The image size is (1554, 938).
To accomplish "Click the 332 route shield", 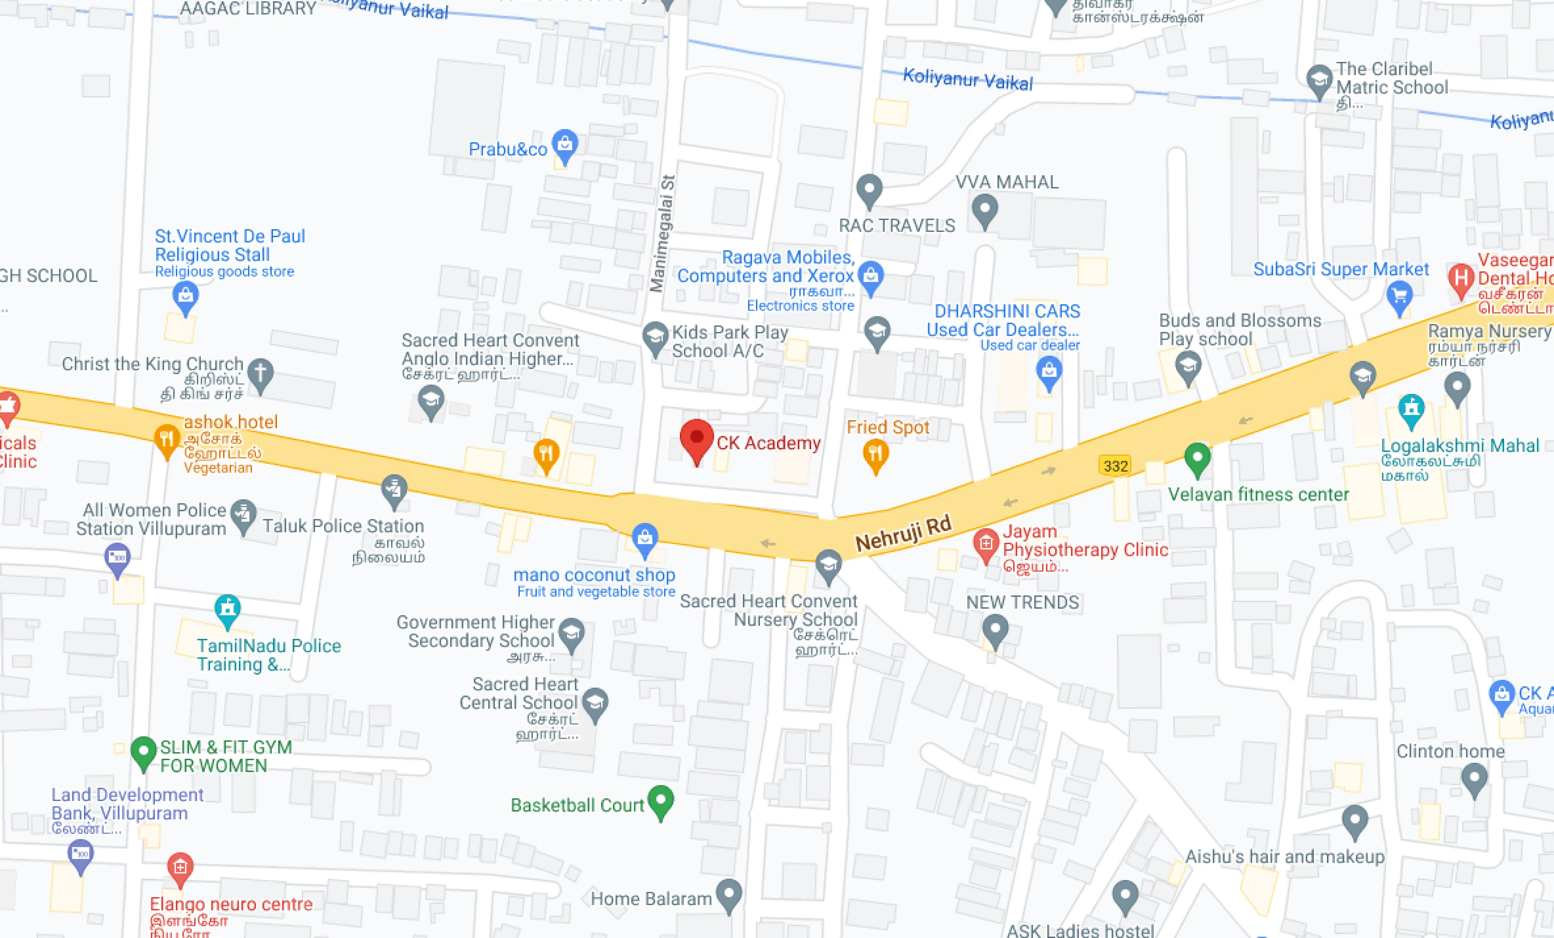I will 1115,466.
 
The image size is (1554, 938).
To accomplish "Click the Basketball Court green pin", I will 660,801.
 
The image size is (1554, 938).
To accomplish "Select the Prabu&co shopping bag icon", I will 564,144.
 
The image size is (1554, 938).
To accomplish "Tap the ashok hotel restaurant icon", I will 167,439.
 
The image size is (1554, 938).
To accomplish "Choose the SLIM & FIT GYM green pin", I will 143,751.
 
